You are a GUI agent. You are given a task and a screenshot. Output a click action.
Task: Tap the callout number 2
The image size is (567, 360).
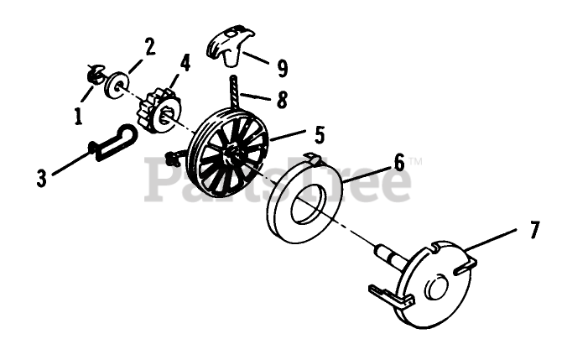point(149,46)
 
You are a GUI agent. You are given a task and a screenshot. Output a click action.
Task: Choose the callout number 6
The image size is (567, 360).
point(398,162)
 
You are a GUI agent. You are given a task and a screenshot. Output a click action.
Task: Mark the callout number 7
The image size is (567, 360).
point(535,227)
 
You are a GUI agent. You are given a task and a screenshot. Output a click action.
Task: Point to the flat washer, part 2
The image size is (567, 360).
point(116,82)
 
